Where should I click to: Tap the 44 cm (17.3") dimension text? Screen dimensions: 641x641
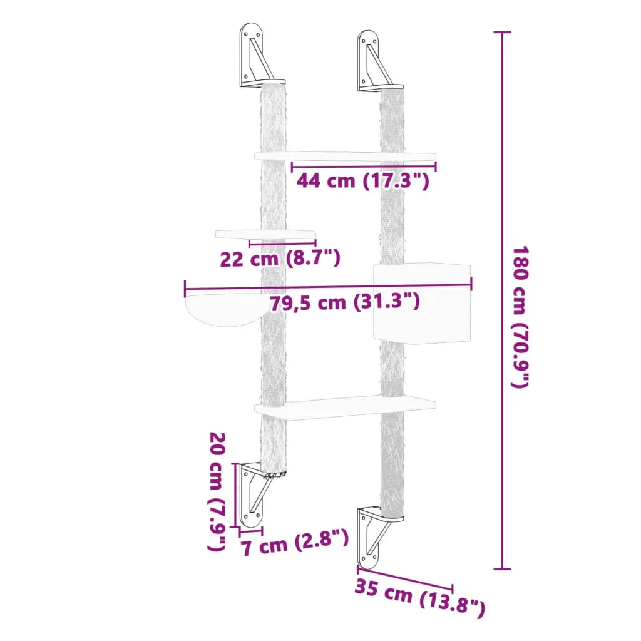(363, 182)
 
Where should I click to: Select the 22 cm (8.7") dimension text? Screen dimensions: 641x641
(280, 257)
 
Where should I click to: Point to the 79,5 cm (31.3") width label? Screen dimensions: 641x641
(344, 302)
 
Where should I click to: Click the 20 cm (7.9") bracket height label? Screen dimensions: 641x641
(217, 491)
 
